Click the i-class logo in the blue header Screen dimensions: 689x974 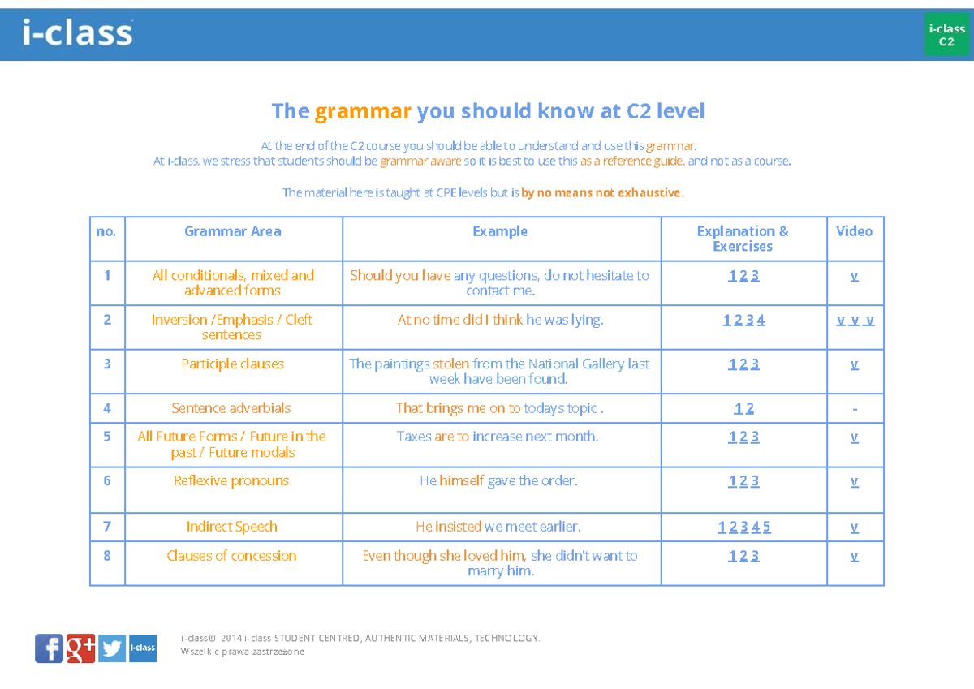point(78,33)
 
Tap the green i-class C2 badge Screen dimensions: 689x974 point(946,35)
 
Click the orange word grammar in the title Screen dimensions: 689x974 point(363,111)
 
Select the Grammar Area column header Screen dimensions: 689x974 point(233,231)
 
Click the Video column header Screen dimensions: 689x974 point(854,231)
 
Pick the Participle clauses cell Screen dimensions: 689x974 point(233,364)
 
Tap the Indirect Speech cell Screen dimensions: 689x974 point(232,527)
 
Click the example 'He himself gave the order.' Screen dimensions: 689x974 point(498,480)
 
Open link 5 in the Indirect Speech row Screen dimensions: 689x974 point(766,528)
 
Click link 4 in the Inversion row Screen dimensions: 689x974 point(761,320)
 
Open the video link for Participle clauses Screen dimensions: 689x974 point(854,364)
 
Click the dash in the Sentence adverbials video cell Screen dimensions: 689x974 point(855,409)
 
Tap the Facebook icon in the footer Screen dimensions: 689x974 point(49,648)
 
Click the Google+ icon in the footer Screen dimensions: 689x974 point(81,648)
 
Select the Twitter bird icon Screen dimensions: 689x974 point(112,648)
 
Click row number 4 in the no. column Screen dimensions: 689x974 point(107,408)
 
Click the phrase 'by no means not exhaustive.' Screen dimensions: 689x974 point(603,192)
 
